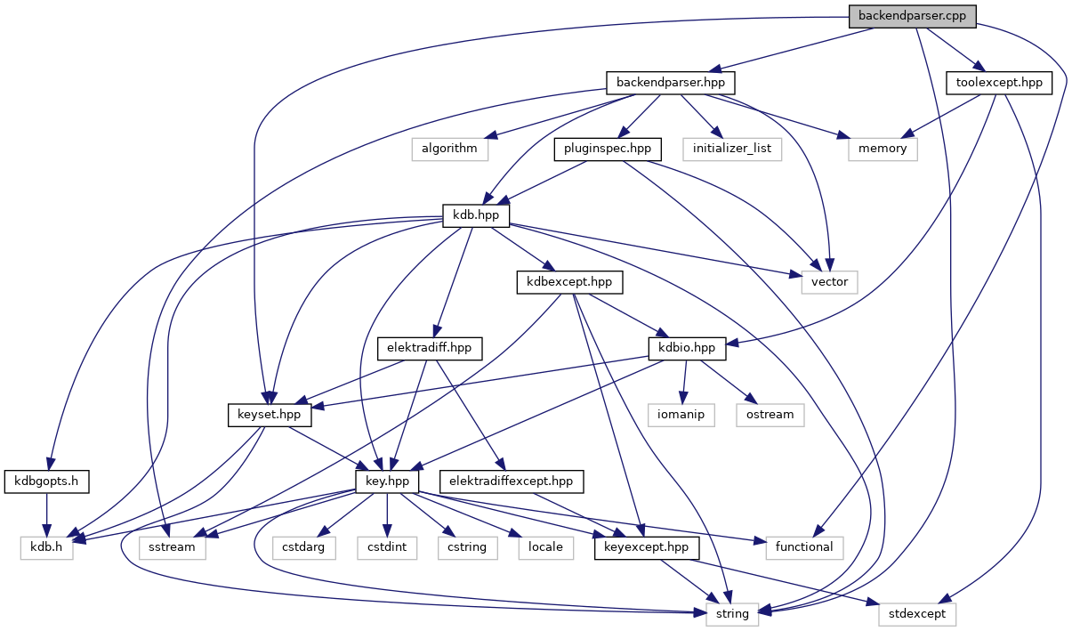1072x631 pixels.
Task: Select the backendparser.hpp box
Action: click(672, 83)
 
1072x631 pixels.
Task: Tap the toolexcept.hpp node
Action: click(999, 83)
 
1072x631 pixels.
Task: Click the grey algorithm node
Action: click(450, 149)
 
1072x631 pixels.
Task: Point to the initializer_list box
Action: click(733, 149)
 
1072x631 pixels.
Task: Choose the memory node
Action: click(883, 149)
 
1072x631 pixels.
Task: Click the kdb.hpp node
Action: click(476, 215)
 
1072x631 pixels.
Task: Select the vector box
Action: click(829, 282)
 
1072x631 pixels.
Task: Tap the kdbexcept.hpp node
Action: click(569, 282)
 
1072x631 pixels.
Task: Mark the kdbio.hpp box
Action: click(688, 348)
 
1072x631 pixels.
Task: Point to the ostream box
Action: click(770, 415)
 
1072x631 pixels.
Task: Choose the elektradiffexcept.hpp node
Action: click(510, 481)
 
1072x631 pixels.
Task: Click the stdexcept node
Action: click(917, 614)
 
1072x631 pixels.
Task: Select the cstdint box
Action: click(387, 547)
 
